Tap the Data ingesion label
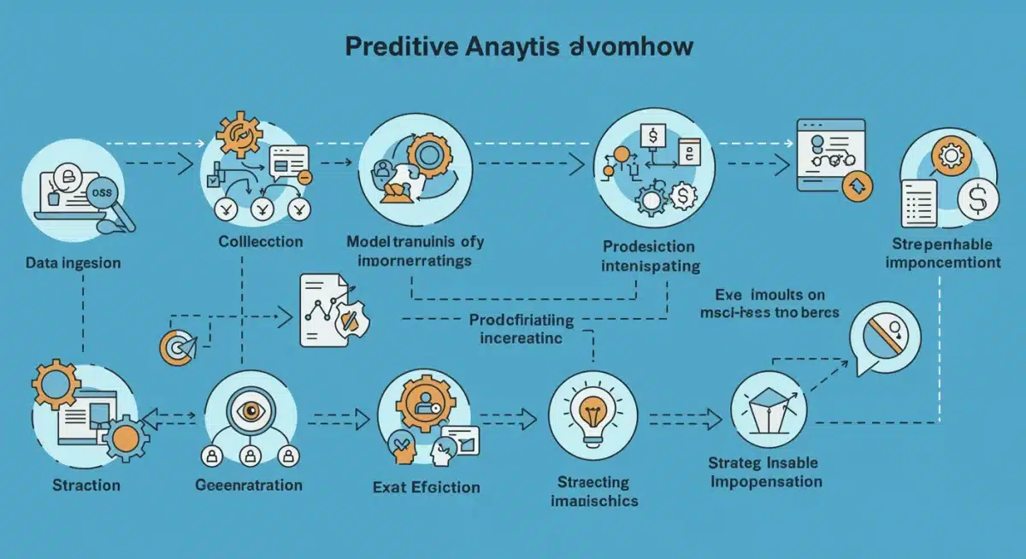click(x=74, y=262)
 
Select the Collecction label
click(x=260, y=241)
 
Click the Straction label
click(x=85, y=485)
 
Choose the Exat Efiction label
click(x=426, y=487)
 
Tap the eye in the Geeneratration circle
click(x=252, y=410)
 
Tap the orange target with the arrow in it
click(x=175, y=345)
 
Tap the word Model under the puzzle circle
click(x=369, y=241)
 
